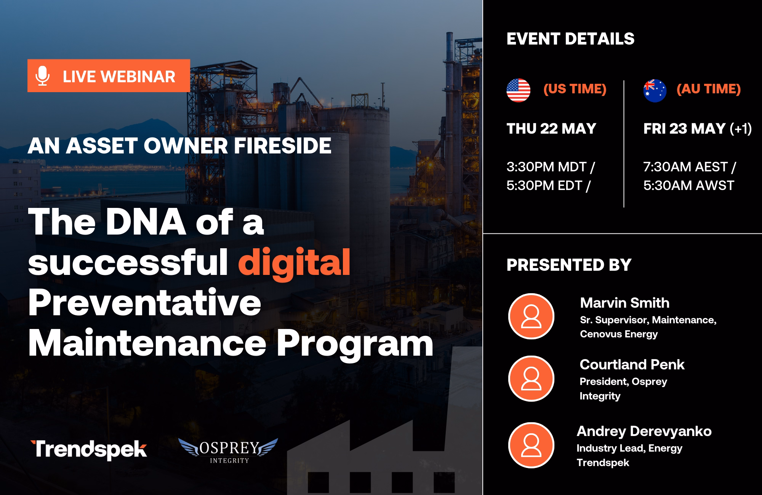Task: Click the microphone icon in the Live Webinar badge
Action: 42,76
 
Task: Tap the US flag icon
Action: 518,90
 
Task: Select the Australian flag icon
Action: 655,90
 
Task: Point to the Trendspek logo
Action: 89,450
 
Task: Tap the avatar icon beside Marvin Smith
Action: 531,316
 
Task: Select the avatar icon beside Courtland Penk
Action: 531,378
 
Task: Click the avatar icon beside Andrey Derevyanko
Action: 531,445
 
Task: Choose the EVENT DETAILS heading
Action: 570,39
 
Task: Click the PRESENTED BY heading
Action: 569,265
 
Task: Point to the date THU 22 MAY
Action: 551,129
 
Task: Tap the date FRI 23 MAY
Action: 684,129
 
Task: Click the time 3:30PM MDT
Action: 546,167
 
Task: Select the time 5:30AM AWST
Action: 688,185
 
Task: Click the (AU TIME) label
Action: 709,89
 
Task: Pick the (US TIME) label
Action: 575,89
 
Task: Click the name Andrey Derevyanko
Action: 644,431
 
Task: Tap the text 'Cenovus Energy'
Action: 619,334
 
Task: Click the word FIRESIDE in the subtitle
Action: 283,145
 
